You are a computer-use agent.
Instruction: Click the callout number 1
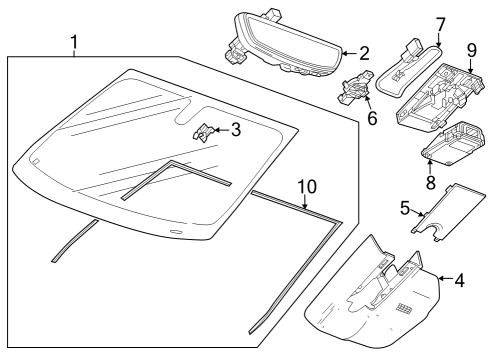[x=74, y=42]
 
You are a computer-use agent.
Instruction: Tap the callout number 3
[x=235, y=128]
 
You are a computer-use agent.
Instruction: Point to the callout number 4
[x=458, y=282]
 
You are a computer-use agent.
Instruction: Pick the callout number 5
[x=405, y=209]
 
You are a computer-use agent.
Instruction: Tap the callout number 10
[x=308, y=186]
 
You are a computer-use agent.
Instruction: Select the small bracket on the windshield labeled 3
[x=205, y=131]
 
